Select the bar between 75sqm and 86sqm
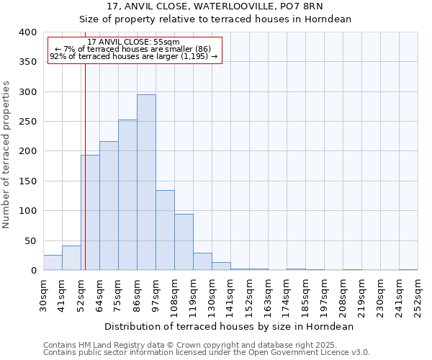(127, 195)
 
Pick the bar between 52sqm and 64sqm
(90, 212)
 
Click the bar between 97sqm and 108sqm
(165, 230)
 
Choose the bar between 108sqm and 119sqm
(184, 242)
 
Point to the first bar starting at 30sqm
(53, 263)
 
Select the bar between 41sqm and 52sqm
(71, 258)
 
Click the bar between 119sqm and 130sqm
(202, 262)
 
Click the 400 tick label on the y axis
(28, 32)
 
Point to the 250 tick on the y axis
(28, 122)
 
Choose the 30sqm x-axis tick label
(43, 294)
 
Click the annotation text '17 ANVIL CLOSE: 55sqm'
(134, 42)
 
